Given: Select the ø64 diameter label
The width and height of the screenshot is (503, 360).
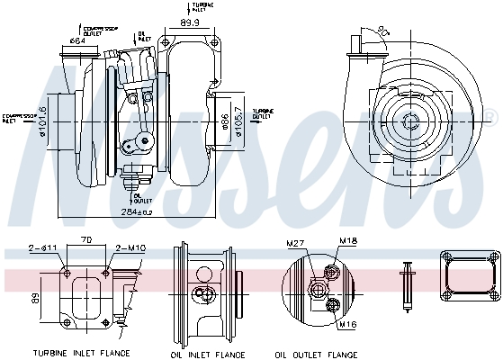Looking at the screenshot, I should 78,40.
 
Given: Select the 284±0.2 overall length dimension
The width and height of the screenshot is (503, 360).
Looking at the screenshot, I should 138,212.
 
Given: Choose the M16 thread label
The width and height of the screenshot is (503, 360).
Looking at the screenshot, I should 346,324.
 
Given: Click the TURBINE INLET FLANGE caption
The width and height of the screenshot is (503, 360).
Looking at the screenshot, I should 81,353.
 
